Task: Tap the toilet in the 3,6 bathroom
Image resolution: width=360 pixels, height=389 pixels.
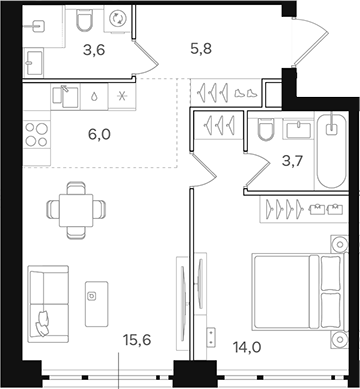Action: click(x=83, y=20)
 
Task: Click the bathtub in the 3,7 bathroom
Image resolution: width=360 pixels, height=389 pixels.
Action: click(x=329, y=150)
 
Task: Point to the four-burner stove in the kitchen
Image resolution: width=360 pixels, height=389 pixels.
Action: click(x=36, y=134)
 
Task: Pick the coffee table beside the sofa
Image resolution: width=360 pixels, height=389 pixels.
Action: click(x=96, y=295)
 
